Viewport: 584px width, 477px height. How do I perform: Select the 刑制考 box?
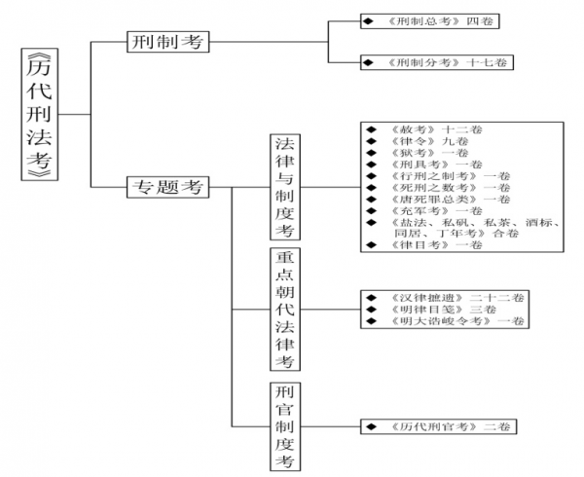pyautogui.click(x=169, y=42)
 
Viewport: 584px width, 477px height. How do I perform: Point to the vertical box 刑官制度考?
pyautogui.click(x=284, y=426)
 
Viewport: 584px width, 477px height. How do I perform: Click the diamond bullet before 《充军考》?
pyautogui.click(x=370, y=210)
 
